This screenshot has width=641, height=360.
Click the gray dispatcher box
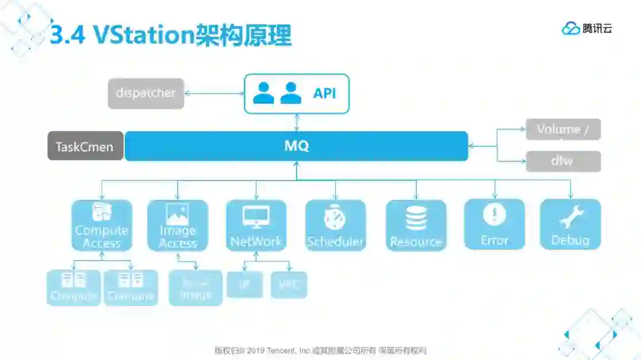tap(146, 93)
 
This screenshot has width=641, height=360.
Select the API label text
tap(325, 94)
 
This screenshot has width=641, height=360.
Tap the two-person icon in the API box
tap(277, 93)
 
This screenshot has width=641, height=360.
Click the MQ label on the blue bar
tap(296, 146)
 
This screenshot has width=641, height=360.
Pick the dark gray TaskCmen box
tap(85, 146)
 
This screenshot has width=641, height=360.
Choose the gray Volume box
tap(563, 129)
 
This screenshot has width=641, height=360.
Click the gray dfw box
tap(563, 161)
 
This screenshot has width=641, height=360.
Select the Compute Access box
tap(101, 225)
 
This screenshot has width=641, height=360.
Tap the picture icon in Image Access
tap(177, 214)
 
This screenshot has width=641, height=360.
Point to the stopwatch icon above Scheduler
tap(335, 218)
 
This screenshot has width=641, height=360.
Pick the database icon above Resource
tap(416, 218)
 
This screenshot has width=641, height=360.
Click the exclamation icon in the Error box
tap(494, 215)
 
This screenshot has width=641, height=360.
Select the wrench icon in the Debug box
tap(571, 217)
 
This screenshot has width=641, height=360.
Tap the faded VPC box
tap(288, 285)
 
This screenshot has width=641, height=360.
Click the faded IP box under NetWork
tap(244, 285)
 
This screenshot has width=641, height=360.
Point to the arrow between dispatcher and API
tap(214, 93)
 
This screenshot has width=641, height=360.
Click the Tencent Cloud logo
tap(586, 28)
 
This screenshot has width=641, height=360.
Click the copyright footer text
tap(320, 350)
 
